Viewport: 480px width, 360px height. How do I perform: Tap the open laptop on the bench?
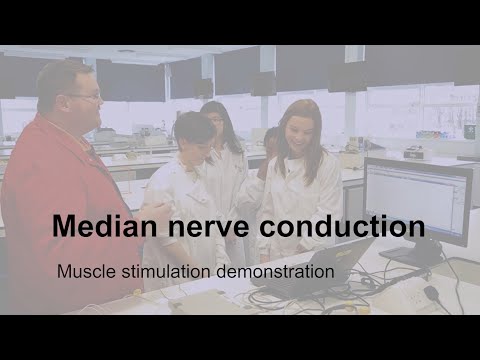pos(320,266)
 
